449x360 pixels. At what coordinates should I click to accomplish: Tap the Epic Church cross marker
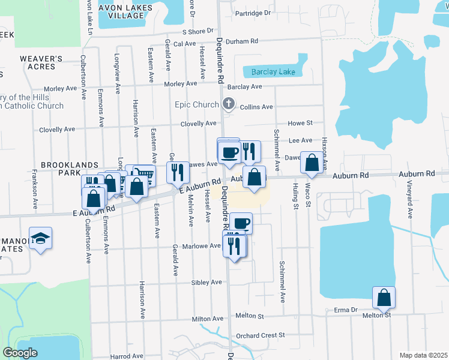tap(228, 104)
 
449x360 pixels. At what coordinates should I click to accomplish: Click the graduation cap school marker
tap(40, 238)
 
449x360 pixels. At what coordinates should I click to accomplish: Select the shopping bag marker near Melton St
tap(384, 297)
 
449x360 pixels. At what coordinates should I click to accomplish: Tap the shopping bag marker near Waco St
tap(312, 163)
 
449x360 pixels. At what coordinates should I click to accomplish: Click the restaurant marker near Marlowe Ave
tap(234, 245)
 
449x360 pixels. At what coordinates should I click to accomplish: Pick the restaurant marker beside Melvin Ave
tap(178, 172)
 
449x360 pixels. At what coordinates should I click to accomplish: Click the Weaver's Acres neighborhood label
tap(41, 62)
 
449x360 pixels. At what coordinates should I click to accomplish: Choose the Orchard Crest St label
tap(260, 335)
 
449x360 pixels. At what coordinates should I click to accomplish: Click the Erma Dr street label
tap(346, 310)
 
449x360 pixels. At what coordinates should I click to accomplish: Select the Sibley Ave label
tap(207, 283)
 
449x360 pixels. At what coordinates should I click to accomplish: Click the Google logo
tap(20, 353)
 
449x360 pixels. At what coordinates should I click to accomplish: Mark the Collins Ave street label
tap(256, 107)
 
